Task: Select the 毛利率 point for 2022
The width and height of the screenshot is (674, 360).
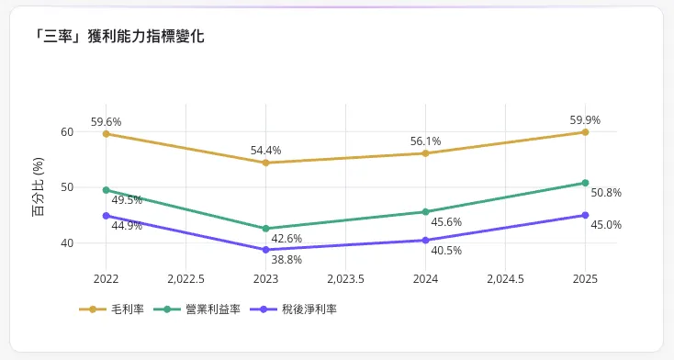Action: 107,134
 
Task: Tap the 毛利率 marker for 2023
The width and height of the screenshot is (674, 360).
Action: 266,163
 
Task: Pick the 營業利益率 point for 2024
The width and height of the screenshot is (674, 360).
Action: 425,212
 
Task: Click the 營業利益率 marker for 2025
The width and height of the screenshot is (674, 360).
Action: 585,183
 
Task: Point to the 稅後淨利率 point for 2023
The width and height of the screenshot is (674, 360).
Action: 266,250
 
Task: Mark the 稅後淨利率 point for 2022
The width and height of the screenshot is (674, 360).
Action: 107,216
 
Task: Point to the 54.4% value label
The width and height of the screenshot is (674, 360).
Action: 266,150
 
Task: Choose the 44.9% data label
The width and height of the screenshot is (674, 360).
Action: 127,226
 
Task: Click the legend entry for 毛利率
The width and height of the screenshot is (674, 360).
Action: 112,309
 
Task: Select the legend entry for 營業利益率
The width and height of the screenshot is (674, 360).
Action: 197,309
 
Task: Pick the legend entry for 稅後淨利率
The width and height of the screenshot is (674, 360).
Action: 293,309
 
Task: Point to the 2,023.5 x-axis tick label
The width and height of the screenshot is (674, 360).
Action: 345,278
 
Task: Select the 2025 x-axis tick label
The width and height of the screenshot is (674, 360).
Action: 585,278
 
